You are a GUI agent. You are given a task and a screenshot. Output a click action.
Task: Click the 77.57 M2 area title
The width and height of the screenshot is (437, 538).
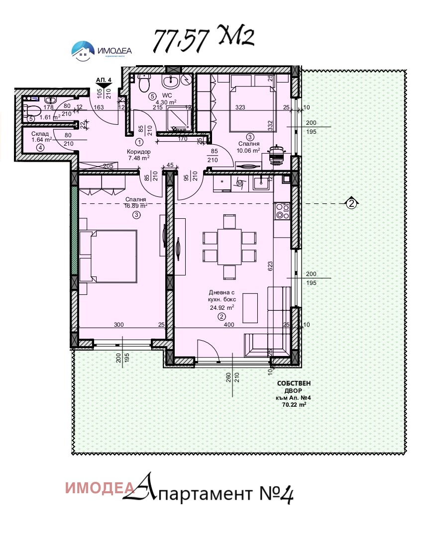203,39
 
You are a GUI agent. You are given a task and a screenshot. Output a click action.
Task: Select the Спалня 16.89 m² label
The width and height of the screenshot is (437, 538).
136,202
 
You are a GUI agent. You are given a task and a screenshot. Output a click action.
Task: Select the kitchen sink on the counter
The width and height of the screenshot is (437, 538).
261,184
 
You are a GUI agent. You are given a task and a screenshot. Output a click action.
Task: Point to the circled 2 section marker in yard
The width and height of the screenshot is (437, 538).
351,203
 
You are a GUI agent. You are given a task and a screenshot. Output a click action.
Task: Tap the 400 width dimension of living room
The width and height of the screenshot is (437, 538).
228,325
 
